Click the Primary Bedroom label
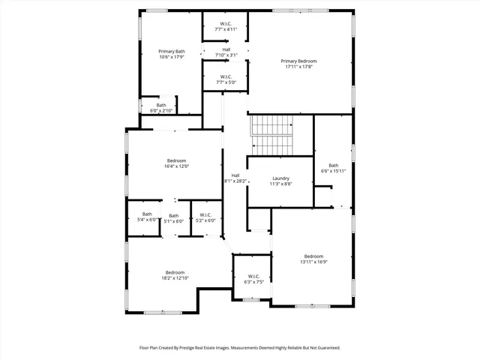pos(298,64)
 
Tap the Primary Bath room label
pos(151,54)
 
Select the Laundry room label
pos(280,180)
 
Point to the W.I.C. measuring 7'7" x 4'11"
pos(226,27)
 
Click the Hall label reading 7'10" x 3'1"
pos(226,52)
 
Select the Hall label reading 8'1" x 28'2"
pos(235,178)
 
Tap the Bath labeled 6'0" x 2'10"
pos(161,108)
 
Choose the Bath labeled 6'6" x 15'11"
pos(333,168)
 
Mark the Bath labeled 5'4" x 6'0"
pos(147,217)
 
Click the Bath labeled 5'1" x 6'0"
pos(173,218)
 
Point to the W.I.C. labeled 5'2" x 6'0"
pos(205,217)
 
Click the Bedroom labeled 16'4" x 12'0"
pos(177,163)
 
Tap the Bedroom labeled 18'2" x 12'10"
pos(175,274)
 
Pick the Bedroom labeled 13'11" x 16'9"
pos(313,259)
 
